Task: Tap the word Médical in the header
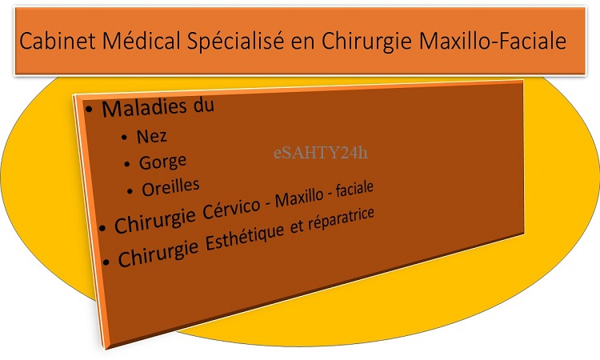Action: point(141,40)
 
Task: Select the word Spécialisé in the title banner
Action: point(235,41)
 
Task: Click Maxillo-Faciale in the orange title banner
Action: point(493,41)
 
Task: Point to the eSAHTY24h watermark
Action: point(321,152)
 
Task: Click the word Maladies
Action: point(144,108)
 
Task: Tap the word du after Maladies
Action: point(203,106)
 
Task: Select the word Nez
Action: point(151,136)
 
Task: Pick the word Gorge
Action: point(162,162)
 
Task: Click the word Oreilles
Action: point(170,187)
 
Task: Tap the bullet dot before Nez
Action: point(124,138)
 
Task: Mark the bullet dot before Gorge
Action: point(127,164)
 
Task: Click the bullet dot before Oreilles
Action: point(130,191)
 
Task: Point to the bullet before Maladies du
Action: point(89,110)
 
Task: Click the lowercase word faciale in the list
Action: point(354,189)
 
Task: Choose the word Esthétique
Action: point(245,237)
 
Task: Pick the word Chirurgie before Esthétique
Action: point(158,252)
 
